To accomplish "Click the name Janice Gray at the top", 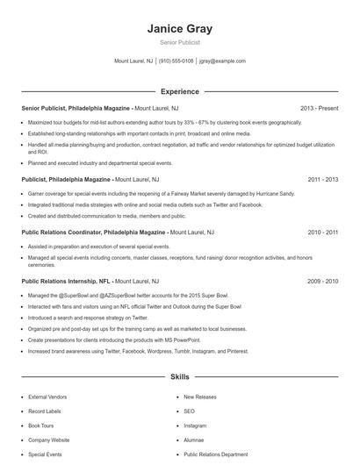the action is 179,29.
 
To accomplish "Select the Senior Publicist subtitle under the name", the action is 179,42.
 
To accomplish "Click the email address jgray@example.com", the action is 222,61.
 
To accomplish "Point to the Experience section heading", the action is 179,91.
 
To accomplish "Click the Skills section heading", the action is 179,377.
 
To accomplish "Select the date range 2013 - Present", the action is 319,108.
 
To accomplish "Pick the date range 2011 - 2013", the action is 322,178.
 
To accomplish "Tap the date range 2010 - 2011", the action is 322,232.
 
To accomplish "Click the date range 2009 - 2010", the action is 322,281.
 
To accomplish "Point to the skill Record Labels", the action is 45,411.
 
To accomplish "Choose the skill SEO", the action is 189,411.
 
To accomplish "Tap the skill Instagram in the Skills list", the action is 195,426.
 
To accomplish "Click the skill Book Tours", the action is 42,426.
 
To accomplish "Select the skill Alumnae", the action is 194,440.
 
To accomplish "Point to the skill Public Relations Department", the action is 216,455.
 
